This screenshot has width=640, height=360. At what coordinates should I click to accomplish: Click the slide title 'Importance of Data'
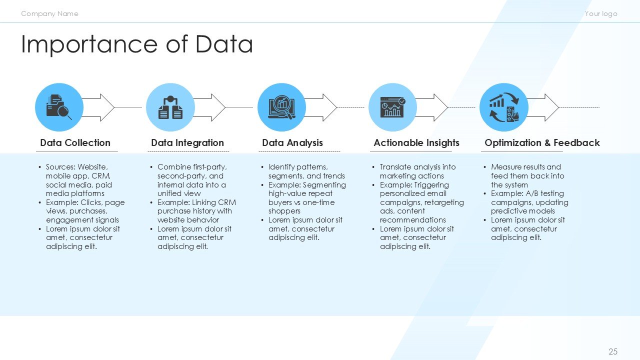[x=136, y=44]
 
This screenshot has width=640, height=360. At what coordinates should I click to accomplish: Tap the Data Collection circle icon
[x=59, y=107]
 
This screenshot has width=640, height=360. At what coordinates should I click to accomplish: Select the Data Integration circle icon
[x=170, y=107]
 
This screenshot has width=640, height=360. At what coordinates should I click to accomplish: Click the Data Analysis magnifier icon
[x=281, y=107]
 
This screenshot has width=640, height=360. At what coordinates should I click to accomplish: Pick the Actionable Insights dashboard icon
[x=392, y=107]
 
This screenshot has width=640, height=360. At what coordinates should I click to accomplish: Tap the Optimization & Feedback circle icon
[x=503, y=107]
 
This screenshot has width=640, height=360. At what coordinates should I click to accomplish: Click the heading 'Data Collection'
[x=75, y=143]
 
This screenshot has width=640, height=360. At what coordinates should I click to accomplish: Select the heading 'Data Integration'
[x=187, y=143]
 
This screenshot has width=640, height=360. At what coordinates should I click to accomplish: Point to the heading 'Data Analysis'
[x=292, y=143]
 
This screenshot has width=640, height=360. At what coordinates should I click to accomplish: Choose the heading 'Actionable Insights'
[x=416, y=143]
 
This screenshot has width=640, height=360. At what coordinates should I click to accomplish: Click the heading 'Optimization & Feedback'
[x=542, y=143]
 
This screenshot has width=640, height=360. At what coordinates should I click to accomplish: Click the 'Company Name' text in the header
[x=49, y=13]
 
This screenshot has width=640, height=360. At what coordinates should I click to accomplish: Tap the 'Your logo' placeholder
[x=601, y=13]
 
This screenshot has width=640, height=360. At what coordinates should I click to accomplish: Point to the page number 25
[x=613, y=351]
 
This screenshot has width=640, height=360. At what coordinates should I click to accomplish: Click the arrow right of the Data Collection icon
[x=100, y=107]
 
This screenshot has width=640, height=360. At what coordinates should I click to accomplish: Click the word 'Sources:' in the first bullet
[x=60, y=167]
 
